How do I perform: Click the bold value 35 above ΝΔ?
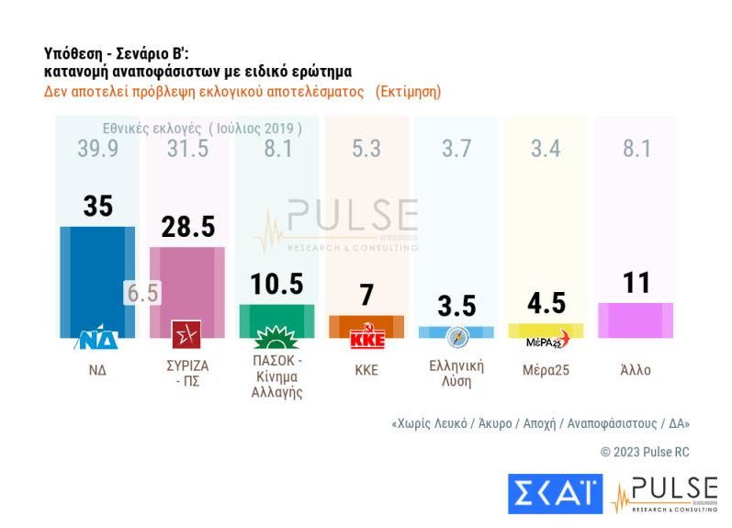point(97,207)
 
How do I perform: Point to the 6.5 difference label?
point(142,293)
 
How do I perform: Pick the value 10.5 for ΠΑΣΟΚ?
point(276,285)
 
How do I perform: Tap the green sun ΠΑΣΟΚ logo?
point(276,336)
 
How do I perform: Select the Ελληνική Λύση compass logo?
point(456,337)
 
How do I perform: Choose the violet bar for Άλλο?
point(636,320)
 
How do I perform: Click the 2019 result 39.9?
point(97,150)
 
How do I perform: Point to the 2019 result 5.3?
point(366,150)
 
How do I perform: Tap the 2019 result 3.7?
point(456,150)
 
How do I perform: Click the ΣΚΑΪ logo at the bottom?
point(555,493)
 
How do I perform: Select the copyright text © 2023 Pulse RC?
point(644,452)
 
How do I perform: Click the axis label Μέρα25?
point(546,370)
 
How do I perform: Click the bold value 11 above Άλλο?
point(636,283)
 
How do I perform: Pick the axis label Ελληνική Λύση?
point(456,373)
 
